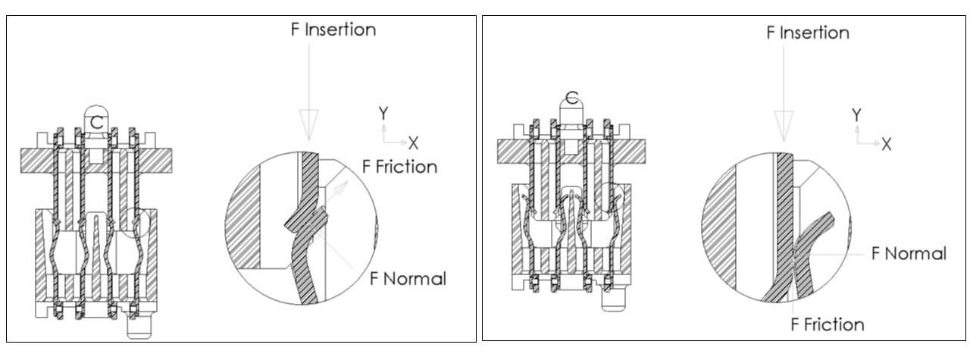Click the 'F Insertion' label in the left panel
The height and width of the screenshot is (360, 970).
(x=333, y=30)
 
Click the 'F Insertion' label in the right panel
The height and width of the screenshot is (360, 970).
(x=808, y=33)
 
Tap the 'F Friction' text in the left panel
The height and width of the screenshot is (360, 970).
(x=399, y=167)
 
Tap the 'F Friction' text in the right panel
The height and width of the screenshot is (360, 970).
(x=828, y=324)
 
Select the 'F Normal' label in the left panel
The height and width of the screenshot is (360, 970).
(x=408, y=279)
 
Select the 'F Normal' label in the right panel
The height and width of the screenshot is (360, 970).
(x=909, y=253)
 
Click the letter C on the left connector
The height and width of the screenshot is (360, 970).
(x=96, y=123)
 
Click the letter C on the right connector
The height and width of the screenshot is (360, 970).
(x=571, y=99)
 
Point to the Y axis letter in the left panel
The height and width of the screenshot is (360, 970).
(x=383, y=113)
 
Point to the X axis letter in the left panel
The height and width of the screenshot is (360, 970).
(x=414, y=143)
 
